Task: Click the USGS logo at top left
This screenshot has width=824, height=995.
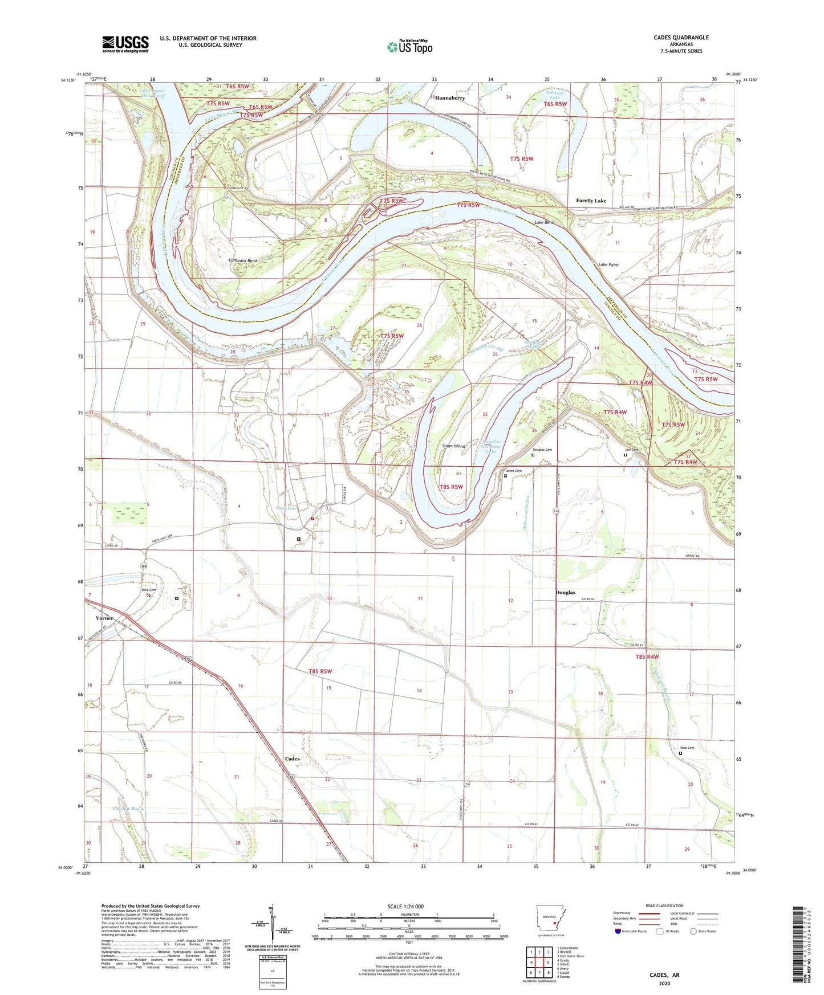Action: pyautogui.click(x=125, y=44)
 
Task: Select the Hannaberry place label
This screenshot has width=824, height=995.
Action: pyautogui.click(x=450, y=98)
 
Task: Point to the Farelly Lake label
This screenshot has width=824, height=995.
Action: pyautogui.click(x=591, y=201)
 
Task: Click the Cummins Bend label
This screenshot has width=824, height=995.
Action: pyautogui.click(x=242, y=260)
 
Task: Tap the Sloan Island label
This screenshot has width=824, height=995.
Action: pyautogui.click(x=453, y=446)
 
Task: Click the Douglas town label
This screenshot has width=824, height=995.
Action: pyautogui.click(x=565, y=593)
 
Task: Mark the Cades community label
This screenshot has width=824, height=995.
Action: pyautogui.click(x=292, y=759)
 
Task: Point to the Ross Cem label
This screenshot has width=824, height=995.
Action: pyautogui.click(x=687, y=748)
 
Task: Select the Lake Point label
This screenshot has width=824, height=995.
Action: pyautogui.click(x=608, y=265)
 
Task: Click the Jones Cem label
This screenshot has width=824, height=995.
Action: pyautogui.click(x=514, y=471)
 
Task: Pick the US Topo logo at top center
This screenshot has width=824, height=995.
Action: pyautogui.click(x=409, y=46)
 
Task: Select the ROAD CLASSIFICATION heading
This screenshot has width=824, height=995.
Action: pyautogui.click(x=664, y=906)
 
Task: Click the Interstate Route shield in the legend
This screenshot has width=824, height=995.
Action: pyautogui.click(x=618, y=931)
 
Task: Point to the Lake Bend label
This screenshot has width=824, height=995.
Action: pyautogui.click(x=544, y=222)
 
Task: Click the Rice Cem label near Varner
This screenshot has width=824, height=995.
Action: pyautogui.click(x=148, y=590)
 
